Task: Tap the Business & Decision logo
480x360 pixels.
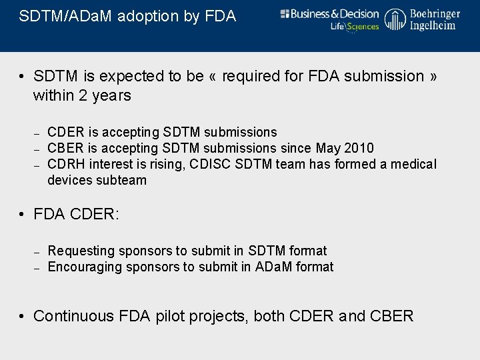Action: coord(329,14)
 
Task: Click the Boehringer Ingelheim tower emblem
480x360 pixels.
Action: coord(395,19)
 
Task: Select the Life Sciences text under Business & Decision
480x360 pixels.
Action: coord(354,27)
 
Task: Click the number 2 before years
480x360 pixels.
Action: coord(83,95)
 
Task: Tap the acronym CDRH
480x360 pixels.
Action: coord(67,164)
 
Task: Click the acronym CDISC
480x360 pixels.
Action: coord(212,164)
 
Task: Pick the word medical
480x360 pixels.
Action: coord(413,164)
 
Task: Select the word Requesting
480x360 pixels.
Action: coord(81,251)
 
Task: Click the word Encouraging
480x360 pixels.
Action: coord(84,267)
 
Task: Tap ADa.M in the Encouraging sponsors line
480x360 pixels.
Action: coord(275,267)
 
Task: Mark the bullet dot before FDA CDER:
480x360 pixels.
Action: coord(22,215)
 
